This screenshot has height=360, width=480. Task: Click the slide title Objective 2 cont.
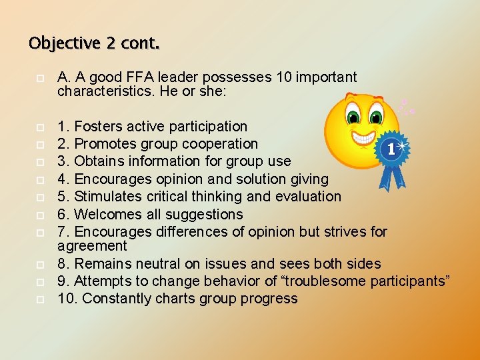94,44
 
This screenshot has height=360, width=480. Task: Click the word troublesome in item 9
331,281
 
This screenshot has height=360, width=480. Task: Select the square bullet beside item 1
40,127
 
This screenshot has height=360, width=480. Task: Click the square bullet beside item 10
40,299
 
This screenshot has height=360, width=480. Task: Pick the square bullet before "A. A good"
40,78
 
